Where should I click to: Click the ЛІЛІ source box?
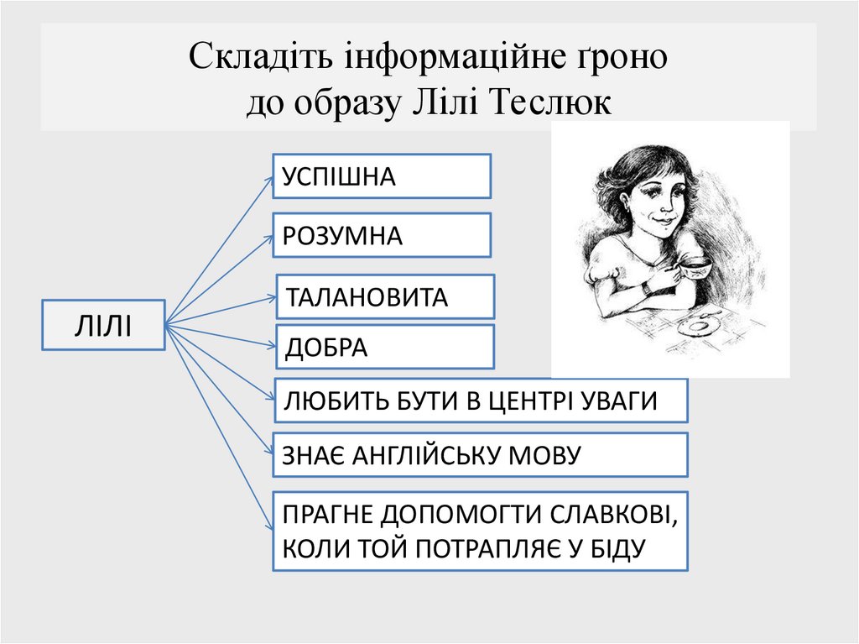pos(103,324)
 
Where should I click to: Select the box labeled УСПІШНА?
pos(382,175)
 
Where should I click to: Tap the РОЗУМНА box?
pos(382,235)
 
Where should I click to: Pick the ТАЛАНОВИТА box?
pos(385,297)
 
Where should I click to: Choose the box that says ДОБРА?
pos(385,347)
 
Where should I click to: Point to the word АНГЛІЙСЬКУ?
pos(426,455)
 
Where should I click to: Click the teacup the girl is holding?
pos(693,269)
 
